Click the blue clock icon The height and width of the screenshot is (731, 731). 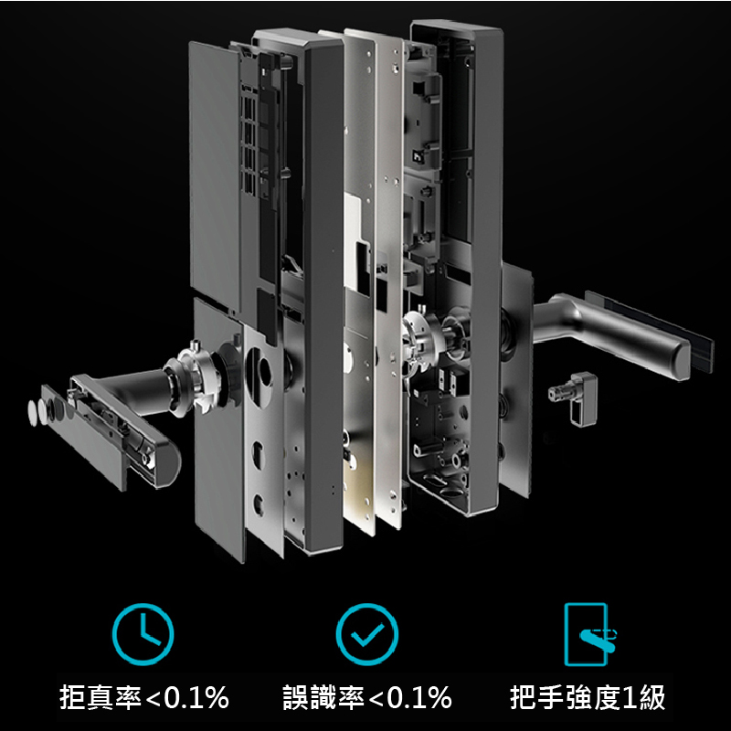pyautogui.click(x=143, y=634)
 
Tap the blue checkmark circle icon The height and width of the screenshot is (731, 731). pyautogui.click(x=367, y=634)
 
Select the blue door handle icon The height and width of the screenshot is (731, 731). pyautogui.click(x=590, y=634)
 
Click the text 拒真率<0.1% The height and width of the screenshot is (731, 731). pyautogui.click(x=144, y=697)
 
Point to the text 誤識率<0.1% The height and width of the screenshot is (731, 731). pyautogui.click(x=367, y=697)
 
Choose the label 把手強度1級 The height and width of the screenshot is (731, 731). pyautogui.click(x=588, y=697)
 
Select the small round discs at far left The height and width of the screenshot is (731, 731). pyautogui.click(x=38, y=412)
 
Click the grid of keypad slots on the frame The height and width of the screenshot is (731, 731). pyautogui.click(x=249, y=140)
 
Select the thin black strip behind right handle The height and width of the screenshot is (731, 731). pyautogui.click(x=651, y=330)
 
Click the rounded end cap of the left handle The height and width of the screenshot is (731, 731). pyautogui.click(x=167, y=462)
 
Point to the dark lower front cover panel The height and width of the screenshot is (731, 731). pyautogui.click(x=218, y=429)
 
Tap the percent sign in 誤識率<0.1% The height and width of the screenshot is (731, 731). pyautogui.click(x=438, y=698)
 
